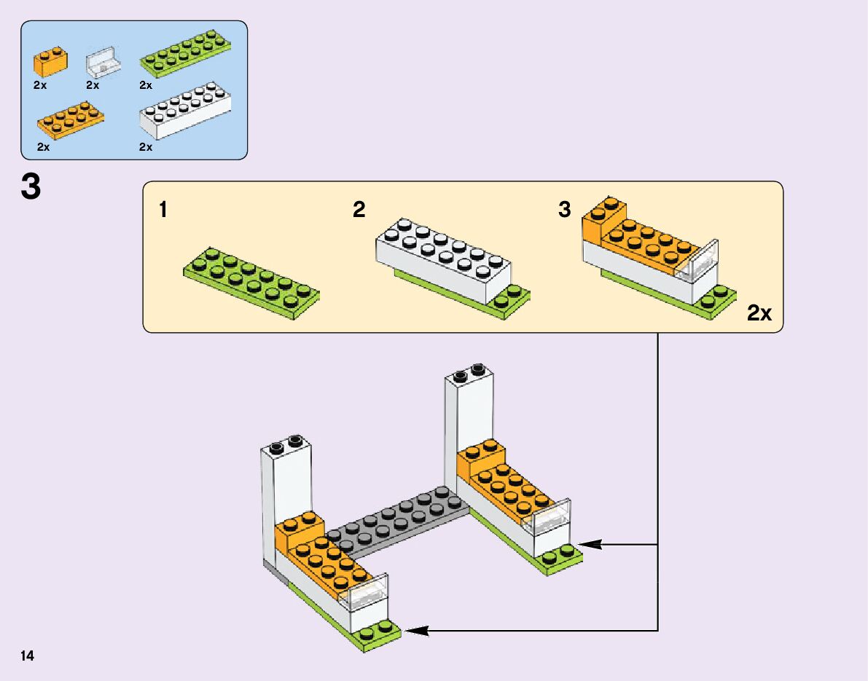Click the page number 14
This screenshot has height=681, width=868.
coord(28,656)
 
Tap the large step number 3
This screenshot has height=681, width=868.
coord(31,188)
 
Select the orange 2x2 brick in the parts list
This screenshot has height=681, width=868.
coord(50,63)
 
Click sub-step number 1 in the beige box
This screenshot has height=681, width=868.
coord(163,210)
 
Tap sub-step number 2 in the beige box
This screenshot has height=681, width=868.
coord(359,210)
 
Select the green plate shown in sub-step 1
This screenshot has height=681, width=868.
coord(251,281)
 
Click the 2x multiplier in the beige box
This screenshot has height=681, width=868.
coord(759,314)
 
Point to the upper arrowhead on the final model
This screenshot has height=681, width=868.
coord(589,544)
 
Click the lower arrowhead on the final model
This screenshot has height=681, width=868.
coord(416,631)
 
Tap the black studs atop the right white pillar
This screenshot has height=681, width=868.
coord(469,372)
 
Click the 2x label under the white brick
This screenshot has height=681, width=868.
coord(146,147)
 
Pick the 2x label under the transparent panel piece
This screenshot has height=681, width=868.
coord(92,85)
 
